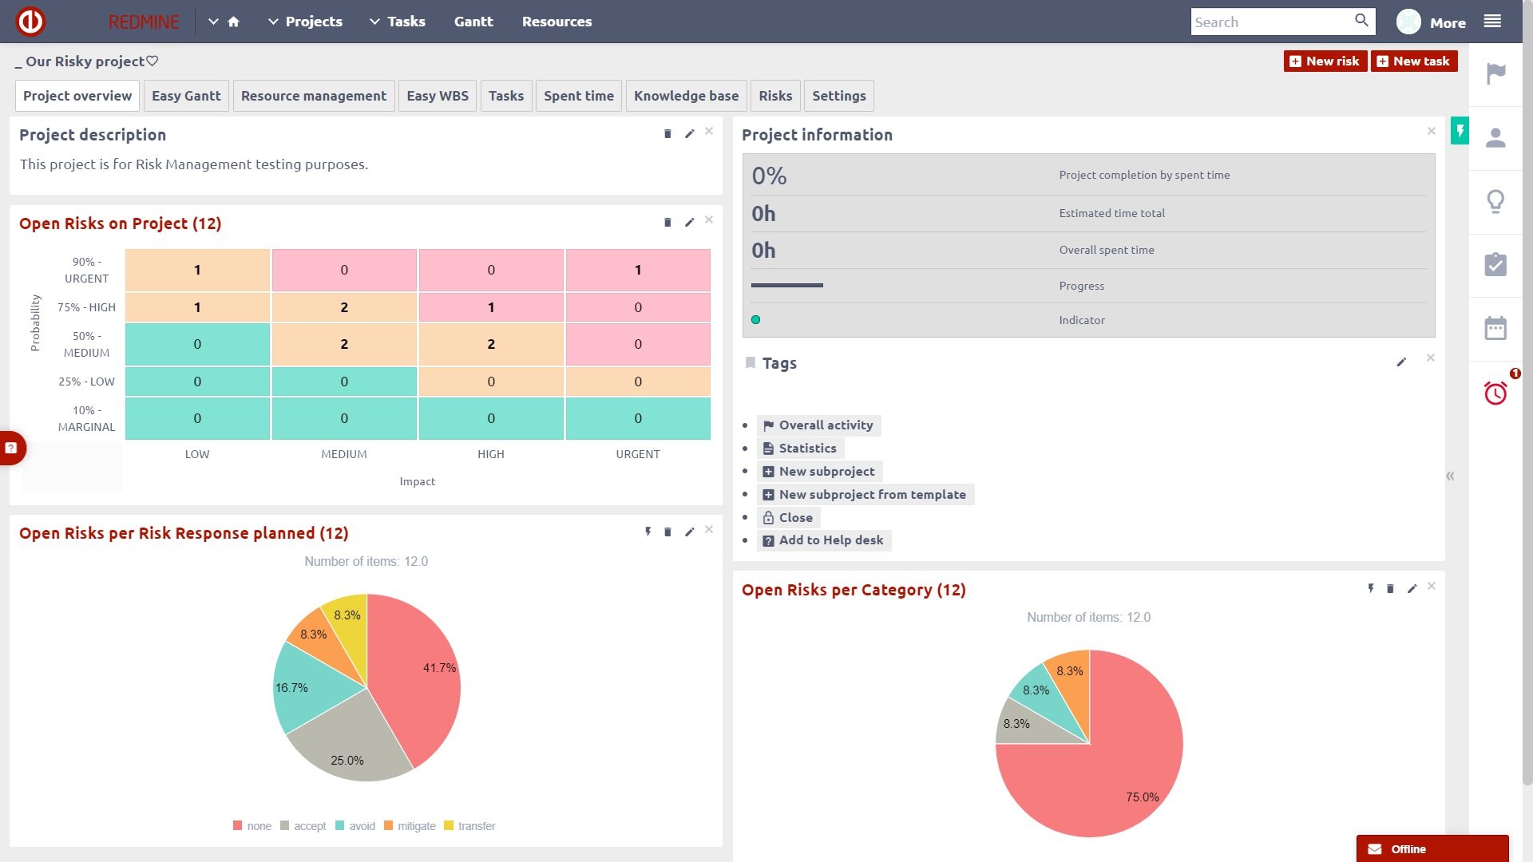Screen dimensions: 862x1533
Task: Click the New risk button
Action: click(x=1325, y=61)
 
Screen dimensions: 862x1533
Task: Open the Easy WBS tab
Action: click(x=437, y=96)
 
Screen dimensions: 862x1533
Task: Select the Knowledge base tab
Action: click(x=686, y=96)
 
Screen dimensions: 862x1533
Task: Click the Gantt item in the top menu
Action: click(x=473, y=22)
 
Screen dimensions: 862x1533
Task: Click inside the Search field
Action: click(x=1270, y=22)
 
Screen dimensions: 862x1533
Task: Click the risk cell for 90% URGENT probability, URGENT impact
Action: click(x=638, y=270)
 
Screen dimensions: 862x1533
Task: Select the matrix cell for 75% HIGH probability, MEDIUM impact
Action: click(x=344, y=307)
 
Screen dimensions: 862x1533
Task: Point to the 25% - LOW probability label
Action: click(x=86, y=382)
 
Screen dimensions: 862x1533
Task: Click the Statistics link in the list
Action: click(x=807, y=449)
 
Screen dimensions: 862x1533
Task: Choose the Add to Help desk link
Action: click(x=830, y=540)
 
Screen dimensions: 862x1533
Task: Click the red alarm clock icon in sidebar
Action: click(x=1495, y=393)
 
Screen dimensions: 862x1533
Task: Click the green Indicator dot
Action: click(x=755, y=320)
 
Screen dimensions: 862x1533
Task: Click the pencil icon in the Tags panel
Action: click(x=1400, y=362)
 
